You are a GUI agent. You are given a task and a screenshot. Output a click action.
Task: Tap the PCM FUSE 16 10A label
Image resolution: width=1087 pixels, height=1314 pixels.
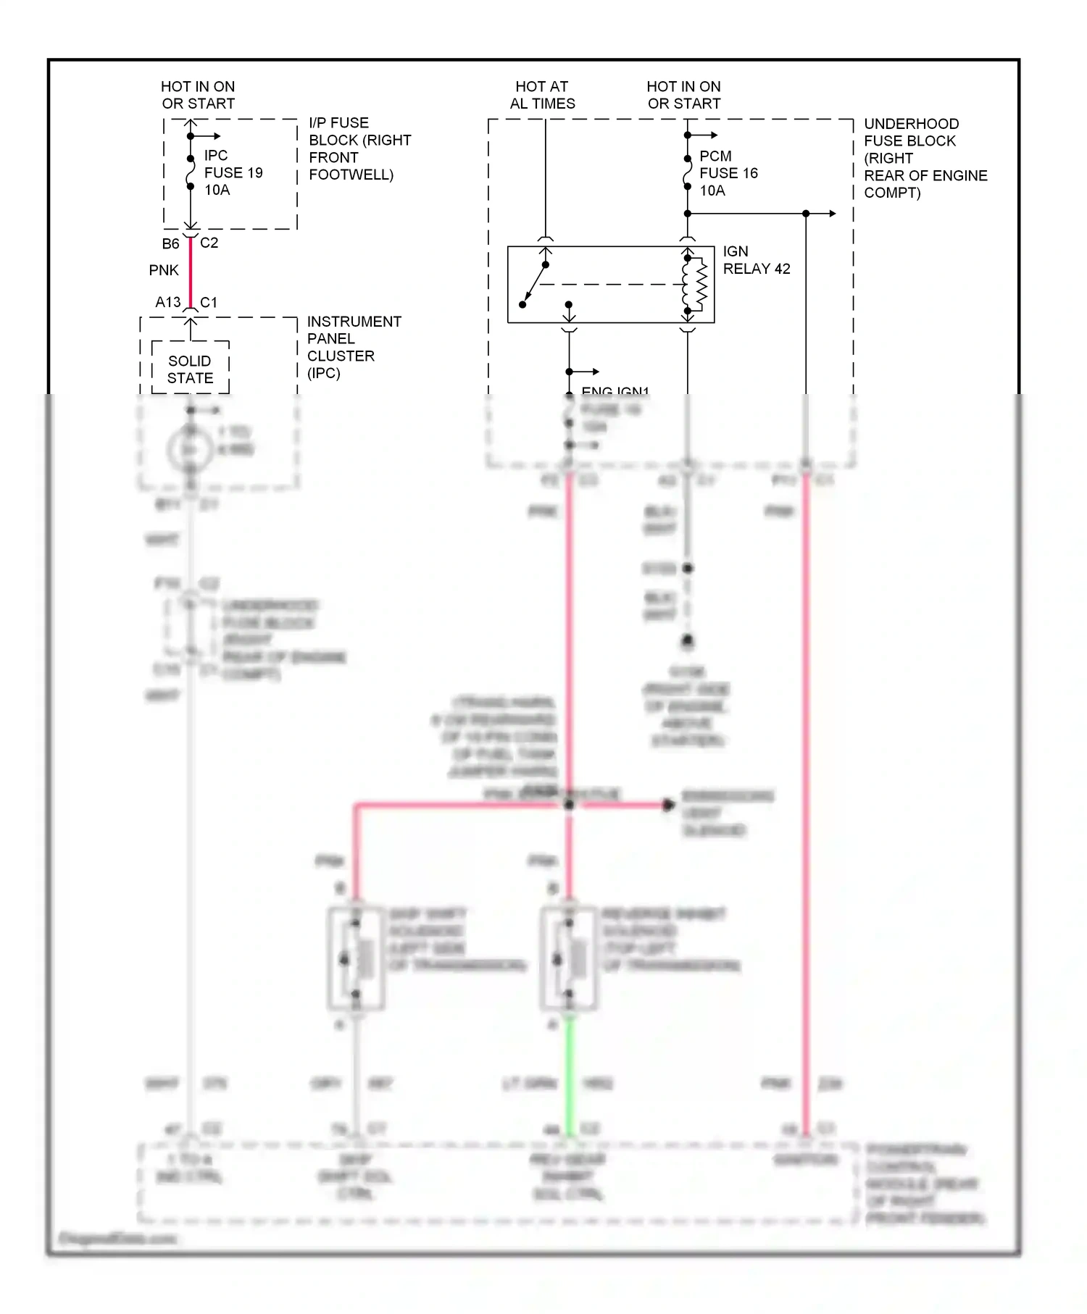point(728,173)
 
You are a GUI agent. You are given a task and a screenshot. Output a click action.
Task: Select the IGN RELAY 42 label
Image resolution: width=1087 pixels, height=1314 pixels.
point(756,260)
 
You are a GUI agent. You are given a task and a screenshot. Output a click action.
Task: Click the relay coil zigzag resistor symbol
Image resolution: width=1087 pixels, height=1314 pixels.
point(701,284)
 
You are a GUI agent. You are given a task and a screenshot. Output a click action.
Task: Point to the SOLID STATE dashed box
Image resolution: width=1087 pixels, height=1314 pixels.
point(190,368)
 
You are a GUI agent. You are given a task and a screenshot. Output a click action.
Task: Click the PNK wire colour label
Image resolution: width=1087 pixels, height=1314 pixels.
point(164,270)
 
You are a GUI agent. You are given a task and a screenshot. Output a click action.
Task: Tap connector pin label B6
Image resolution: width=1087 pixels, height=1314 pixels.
point(170,243)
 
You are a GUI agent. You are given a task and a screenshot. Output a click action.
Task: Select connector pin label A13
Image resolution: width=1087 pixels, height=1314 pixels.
point(167,302)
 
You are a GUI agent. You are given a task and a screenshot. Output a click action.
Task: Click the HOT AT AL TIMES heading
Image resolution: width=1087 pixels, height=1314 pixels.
point(542,95)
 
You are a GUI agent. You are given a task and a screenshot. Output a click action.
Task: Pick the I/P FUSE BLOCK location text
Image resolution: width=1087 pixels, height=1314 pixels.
point(359,148)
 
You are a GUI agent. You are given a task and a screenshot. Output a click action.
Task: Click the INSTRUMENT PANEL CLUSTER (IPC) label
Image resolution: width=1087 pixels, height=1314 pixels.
point(353,347)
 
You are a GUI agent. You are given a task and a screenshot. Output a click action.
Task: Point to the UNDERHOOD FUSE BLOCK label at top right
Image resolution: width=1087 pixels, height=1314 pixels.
point(925,158)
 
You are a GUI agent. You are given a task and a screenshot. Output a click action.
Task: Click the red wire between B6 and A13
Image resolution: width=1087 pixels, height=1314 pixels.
point(191,272)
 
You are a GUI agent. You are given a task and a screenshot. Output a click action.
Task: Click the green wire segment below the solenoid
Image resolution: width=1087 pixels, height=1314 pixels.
point(570,1072)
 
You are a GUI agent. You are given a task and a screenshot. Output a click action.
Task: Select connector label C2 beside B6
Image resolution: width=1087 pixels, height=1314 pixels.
point(209,243)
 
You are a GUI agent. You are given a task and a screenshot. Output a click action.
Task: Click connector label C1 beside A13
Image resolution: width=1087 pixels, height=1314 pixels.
point(208,302)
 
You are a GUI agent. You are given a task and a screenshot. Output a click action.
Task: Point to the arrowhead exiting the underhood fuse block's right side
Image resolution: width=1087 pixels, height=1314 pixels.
point(833,214)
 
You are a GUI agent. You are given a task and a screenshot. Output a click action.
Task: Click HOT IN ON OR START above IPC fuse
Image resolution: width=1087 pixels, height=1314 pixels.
point(198,95)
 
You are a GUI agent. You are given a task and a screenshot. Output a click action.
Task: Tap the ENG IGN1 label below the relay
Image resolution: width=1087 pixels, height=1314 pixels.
point(615,391)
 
